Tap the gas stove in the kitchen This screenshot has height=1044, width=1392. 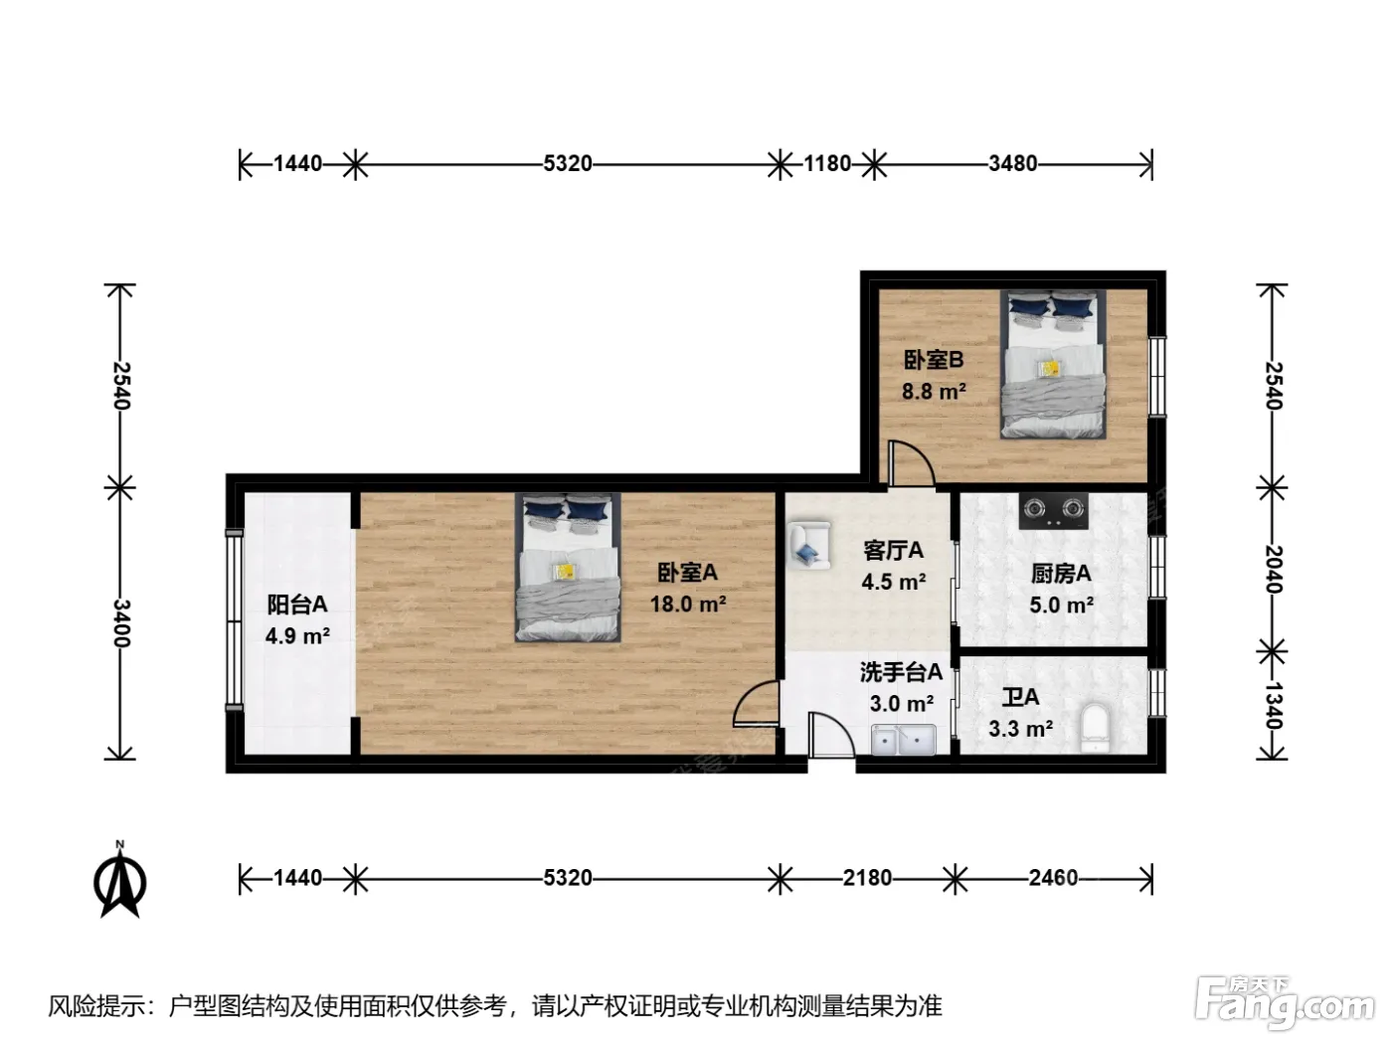[x=1053, y=511]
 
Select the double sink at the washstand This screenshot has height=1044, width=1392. [x=903, y=740]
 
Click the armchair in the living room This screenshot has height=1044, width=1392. [x=808, y=544]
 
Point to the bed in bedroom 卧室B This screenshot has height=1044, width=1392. [x=1053, y=365]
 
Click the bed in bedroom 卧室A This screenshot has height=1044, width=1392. [x=568, y=568]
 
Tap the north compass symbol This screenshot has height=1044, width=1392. [x=120, y=880]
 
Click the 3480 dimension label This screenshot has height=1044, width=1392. [x=1013, y=163]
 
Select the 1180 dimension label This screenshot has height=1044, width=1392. [x=827, y=163]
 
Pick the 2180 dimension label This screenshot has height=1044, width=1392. [x=867, y=878]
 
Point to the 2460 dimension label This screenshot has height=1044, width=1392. [x=1053, y=878]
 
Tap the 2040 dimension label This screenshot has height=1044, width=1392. [x=1274, y=569]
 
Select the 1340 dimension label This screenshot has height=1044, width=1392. [x=1274, y=705]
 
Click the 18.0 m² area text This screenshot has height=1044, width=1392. [x=688, y=605]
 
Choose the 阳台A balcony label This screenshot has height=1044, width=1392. [x=296, y=605]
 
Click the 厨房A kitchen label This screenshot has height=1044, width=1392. [x=1061, y=574]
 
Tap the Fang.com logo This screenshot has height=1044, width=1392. [x=1285, y=1004]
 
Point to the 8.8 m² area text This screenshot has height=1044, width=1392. [x=934, y=391]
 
